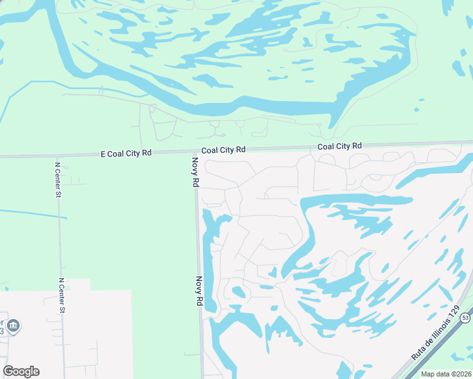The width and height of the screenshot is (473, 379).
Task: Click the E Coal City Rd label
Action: click(x=126, y=153)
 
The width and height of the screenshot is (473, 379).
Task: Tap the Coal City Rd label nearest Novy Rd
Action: click(x=223, y=150)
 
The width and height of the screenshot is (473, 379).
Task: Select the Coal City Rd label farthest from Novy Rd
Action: click(x=340, y=147)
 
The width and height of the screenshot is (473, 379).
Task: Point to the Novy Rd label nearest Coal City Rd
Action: click(x=195, y=172)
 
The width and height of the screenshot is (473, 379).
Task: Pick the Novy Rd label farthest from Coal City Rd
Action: click(x=199, y=291)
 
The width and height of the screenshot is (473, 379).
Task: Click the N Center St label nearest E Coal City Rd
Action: click(x=57, y=180)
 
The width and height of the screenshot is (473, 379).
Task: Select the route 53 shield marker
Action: click(x=466, y=316)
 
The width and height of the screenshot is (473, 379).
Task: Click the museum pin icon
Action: click(x=13, y=326)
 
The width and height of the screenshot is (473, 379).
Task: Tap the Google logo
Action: click(x=21, y=371)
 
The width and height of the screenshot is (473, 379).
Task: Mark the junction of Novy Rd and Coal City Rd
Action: click(x=194, y=152)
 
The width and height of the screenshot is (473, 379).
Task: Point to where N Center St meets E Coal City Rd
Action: click(x=56, y=155)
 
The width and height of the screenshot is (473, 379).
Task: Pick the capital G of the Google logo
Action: click(x=8, y=371)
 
